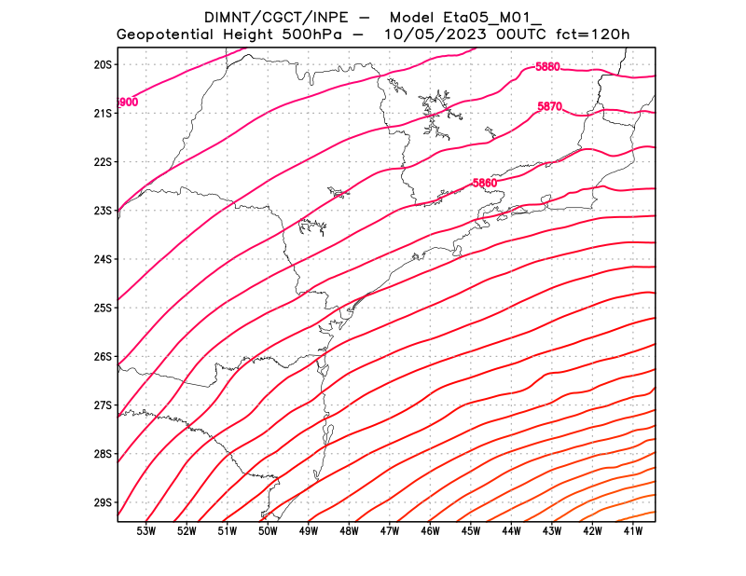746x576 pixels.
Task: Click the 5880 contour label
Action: pyautogui.click(x=547, y=66)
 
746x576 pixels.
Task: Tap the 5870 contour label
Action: pyautogui.click(x=549, y=107)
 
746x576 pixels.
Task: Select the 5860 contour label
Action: pyautogui.click(x=484, y=183)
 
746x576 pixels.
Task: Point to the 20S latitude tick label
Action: pyautogui.click(x=103, y=64)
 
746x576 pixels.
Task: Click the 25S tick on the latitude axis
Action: pyautogui.click(x=103, y=308)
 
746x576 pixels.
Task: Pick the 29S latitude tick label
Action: pyautogui.click(x=103, y=502)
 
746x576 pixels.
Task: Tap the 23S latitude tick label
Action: pyautogui.click(x=103, y=211)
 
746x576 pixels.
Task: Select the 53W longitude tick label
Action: pyautogui.click(x=145, y=531)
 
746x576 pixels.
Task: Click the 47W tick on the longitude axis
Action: pyautogui.click(x=390, y=531)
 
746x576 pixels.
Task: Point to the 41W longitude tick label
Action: pyautogui.click(x=634, y=531)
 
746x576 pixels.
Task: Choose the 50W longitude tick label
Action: pyautogui.click(x=268, y=531)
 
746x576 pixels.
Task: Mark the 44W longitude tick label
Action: pyautogui.click(x=512, y=531)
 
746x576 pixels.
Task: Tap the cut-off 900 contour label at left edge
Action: pyautogui.click(x=128, y=102)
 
